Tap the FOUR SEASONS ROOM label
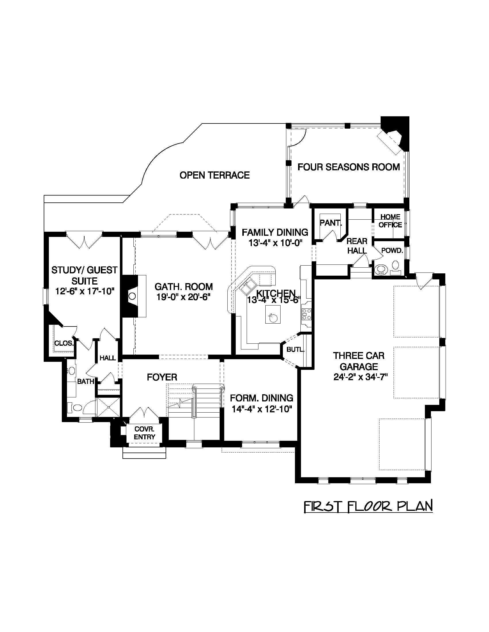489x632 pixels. click(348, 167)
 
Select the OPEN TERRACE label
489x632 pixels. click(214, 175)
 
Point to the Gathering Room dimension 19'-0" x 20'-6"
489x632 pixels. click(183, 297)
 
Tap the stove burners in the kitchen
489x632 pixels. click(306, 314)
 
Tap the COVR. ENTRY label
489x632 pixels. click(144, 433)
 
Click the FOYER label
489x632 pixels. click(162, 377)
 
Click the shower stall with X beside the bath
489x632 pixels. click(108, 407)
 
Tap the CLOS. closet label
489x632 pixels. click(64, 343)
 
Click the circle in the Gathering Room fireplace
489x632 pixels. click(132, 296)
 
